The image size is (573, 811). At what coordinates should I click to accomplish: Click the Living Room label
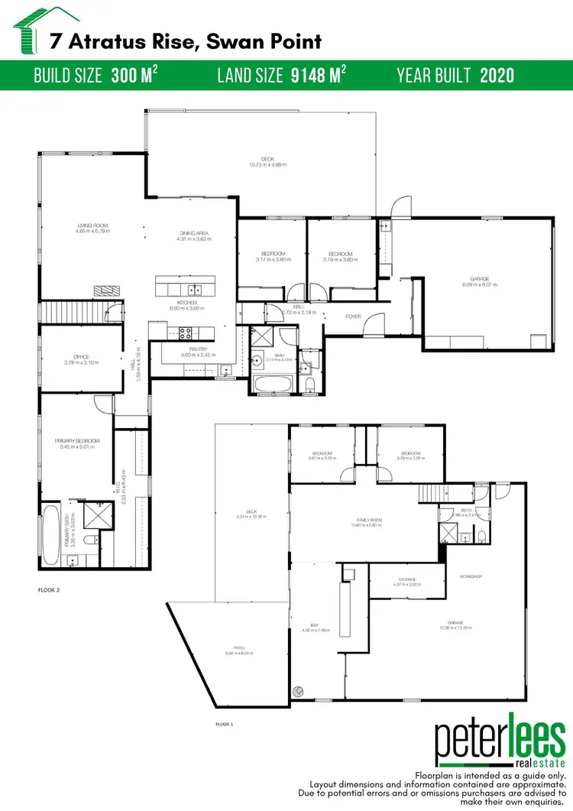click(x=93, y=226)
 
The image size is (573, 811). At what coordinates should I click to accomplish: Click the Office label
click(x=82, y=357)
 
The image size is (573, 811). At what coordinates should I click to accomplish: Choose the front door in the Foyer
click(x=372, y=329)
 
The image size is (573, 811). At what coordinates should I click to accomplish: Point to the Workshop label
click(x=470, y=576)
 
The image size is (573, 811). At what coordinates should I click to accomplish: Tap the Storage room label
click(x=407, y=580)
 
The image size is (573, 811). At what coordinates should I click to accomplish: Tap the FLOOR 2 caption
click(x=49, y=590)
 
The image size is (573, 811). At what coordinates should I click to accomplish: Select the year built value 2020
click(x=497, y=75)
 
